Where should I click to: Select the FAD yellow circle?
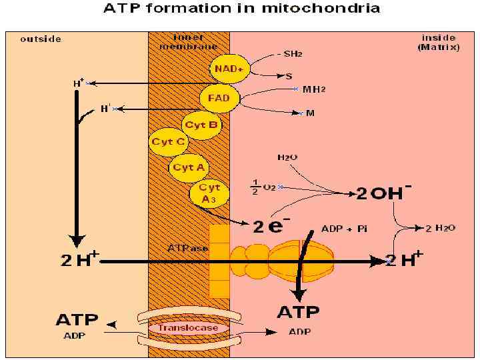click(x=219, y=98)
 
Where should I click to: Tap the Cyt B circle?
click(x=201, y=124)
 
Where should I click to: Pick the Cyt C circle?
click(x=169, y=141)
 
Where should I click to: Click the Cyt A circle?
click(x=189, y=167)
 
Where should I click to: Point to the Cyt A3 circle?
click(x=209, y=193)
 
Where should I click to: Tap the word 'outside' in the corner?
click(x=41, y=39)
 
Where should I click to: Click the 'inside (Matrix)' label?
click(x=438, y=42)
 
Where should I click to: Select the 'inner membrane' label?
click(x=188, y=41)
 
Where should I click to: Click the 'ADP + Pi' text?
click(x=344, y=228)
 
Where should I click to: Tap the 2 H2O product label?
click(x=441, y=228)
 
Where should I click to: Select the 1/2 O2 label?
click(x=263, y=187)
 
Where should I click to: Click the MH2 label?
click(x=314, y=89)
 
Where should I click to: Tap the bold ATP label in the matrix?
click(x=298, y=312)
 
